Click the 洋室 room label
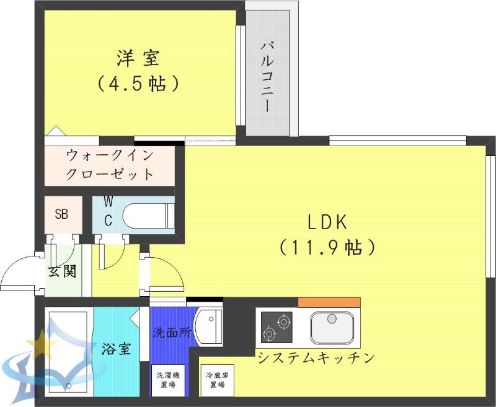[138, 58]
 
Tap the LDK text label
[327, 222]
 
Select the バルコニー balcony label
[267, 77]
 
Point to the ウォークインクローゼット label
[110, 165]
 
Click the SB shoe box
[61, 214]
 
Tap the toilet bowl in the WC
[148, 216]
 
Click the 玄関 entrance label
[63, 271]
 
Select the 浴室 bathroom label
[116, 349]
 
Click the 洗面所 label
[172, 333]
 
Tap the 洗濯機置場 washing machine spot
[168, 380]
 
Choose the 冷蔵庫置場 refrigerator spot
[218, 380]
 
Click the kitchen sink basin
[332, 327]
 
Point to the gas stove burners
[277, 327]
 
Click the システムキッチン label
[316, 357]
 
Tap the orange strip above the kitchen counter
[329, 302]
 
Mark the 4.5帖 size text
[138, 83]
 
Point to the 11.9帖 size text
[327, 247]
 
